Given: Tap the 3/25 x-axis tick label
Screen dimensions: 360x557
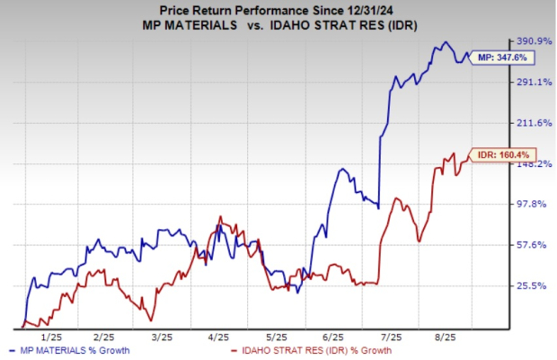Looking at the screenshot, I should pos(162,337).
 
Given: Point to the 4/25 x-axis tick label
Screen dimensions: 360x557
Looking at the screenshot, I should pos(219,337).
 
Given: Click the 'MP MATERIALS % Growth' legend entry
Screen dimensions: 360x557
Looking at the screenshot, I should pos(71,351).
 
